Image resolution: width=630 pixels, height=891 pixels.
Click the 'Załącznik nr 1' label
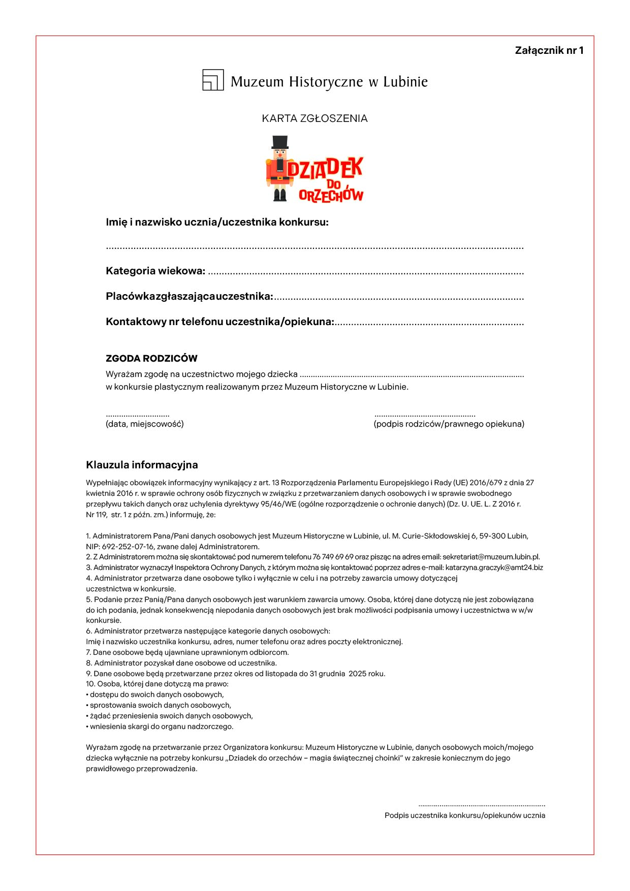pyautogui.click(x=549, y=50)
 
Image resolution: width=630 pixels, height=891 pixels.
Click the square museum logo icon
pyautogui.click(x=213, y=80)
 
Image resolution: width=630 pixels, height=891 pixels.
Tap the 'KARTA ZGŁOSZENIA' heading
pyautogui.click(x=314, y=118)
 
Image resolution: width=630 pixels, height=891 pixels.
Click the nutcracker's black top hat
pyautogui.click(x=280, y=142)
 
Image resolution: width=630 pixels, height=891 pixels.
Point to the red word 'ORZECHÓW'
pyautogui.click(x=331, y=196)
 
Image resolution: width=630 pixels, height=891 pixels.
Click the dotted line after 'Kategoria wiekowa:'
pyautogui.click(x=366, y=273)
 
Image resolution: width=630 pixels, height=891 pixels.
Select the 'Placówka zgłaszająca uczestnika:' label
pyautogui.click(x=189, y=296)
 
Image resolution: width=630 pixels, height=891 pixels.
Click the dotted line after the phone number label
pyautogui.click(x=429, y=324)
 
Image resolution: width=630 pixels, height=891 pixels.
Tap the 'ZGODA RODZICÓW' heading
pyautogui.click(x=151, y=358)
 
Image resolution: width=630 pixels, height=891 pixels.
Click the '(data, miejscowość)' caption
pyautogui.click(x=145, y=424)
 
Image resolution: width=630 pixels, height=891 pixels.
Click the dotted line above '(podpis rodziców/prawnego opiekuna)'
pyautogui.click(x=425, y=416)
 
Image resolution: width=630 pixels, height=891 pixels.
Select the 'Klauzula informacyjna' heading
pyautogui.click(x=142, y=465)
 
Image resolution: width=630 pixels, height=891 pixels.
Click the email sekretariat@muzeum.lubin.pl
pyautogui.click(x=491, y=557)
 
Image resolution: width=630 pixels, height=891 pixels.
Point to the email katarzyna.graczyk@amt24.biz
pyautogui.click(x=494, y=567)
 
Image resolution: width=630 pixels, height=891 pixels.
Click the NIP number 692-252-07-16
pyautogui.click(x=128, y=547)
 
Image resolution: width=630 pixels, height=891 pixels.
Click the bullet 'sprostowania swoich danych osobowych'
pyautogui.click(x=160, y=705)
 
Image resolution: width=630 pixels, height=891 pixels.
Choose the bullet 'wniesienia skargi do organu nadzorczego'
pyautogui.click(x=161, y=726)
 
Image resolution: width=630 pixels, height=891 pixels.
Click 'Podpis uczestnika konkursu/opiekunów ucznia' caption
pyautogui.click(x=465, y=815)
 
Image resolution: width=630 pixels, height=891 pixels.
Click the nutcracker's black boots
pyautogui.click(x=280, y=195)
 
